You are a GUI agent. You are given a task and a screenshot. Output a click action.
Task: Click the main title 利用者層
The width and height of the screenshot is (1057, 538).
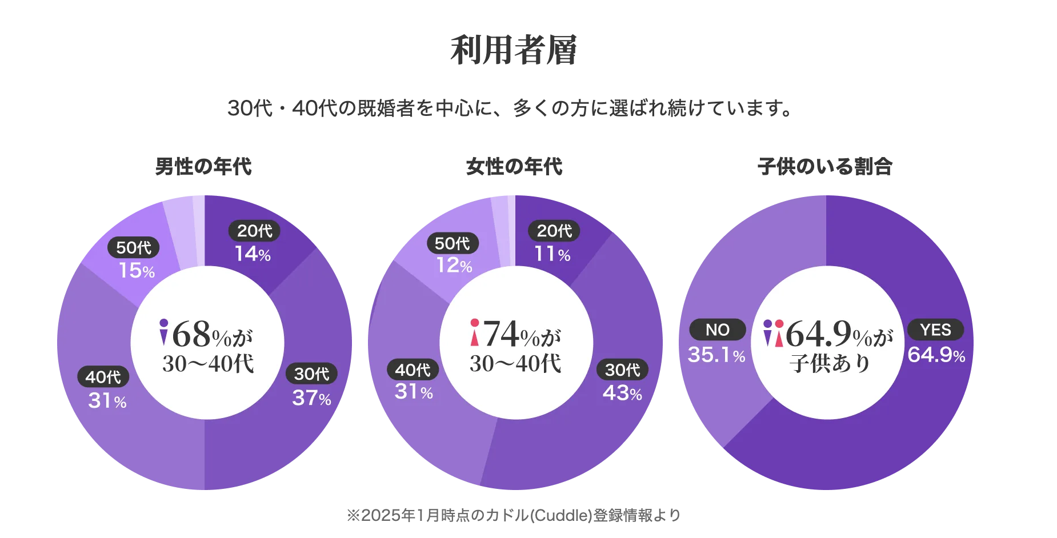pos(514,50)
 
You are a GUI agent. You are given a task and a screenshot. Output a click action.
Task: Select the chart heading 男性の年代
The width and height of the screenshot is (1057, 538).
pos(203,167)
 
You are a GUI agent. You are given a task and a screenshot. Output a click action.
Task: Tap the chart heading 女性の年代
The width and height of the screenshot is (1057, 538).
pos(514,167)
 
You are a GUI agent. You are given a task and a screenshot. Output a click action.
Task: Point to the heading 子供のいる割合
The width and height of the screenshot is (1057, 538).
pos(825,167)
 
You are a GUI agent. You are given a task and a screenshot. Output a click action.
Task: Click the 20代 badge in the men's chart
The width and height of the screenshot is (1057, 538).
pos(254,231)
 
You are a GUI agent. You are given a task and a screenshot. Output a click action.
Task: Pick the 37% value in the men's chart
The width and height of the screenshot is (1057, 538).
pos(311,398)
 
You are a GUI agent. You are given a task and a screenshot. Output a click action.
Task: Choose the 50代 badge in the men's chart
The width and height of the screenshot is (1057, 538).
pos(134,247)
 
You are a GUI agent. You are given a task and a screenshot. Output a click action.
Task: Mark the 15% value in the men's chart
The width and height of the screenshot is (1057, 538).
pos(137,271)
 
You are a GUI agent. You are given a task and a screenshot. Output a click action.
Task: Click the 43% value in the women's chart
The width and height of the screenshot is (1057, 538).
pos(622,393)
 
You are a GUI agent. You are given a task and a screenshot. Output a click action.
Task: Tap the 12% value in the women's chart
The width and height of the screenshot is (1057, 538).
pos(454,266)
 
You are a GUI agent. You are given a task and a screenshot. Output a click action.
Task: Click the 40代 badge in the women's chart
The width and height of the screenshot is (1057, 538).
pos(413,370)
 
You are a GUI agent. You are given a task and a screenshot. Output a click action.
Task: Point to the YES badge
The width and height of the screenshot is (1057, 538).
pos(935,330)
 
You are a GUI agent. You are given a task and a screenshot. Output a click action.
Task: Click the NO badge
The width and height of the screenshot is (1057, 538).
pos(718,330)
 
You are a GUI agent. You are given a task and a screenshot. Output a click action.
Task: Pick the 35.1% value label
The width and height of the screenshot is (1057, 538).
pos(716,355)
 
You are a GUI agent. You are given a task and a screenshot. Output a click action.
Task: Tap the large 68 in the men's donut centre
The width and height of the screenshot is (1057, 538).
pos(191,334)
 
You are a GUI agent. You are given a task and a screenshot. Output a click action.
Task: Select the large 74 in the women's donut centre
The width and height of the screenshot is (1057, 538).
pos(501,334)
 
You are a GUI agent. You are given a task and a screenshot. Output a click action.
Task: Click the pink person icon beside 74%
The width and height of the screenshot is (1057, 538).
pos(474,332)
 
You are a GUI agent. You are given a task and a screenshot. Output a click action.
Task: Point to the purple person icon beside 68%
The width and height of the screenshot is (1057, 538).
pos(164,332)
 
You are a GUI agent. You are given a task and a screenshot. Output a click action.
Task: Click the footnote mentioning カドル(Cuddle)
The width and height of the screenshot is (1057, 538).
pos(514,515)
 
